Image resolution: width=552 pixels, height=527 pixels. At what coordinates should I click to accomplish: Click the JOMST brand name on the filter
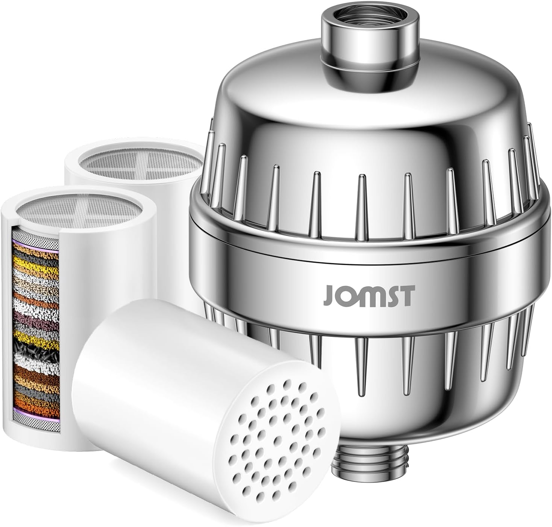pyautogui.click(x=369, y=296)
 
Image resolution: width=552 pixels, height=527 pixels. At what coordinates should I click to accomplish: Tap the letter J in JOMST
pyautogui.click(x=329, y=296)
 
